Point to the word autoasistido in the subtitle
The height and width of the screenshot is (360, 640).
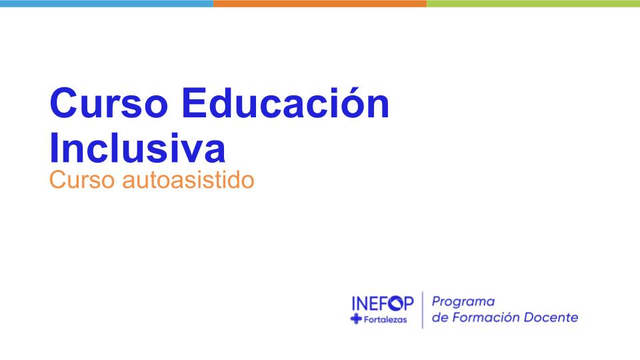(x=189, y=180)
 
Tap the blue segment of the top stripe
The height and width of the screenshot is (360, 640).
(x=107, y=3)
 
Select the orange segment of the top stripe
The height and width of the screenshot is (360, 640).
(x=320, y=3)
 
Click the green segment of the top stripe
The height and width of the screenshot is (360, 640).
(x=533, y=3)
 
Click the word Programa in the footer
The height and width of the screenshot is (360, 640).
(x=463, y=302)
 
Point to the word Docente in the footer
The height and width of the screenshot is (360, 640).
(x=551, y=317)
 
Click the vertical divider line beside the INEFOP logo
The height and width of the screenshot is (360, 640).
(x=423, y=310)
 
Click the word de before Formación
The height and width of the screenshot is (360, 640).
(x=440, y=317)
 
